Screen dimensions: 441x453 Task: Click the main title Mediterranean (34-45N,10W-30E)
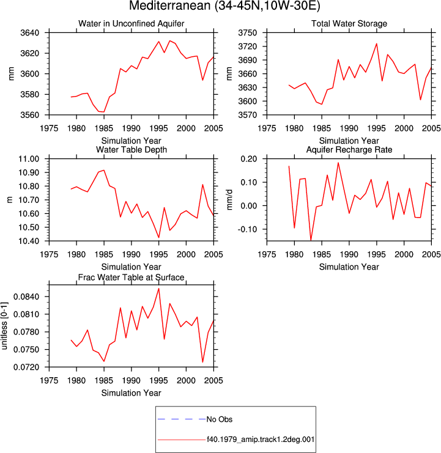pyautogui.click(x=224, y=6)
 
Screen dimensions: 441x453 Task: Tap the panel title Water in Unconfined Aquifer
pyautogui.click(x=132, y=23)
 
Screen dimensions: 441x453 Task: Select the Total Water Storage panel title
pyautogui.click(x=349, y=23)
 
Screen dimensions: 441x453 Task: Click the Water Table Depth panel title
pyautogui.click(x=132, y=150)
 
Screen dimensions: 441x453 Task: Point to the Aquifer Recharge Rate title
pyautogui.click(x=349, y=150)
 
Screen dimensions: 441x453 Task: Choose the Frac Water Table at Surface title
pyautogui.click(x=132, y=278)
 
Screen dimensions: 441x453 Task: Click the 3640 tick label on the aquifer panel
pyautogui.click(x=30, y=32)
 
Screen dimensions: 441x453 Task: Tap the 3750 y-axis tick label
pyautogui.click(x=248, y=32)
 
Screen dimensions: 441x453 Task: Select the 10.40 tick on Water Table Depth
pyautogui.click(x=29, y=241)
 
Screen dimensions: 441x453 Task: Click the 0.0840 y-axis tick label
pyautogui.click(x=26, y=296)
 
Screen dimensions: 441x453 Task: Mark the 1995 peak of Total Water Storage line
pyautogui.click(x=377, y=43)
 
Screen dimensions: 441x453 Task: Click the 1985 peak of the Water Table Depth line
pyautogui.click(x=104, y=170)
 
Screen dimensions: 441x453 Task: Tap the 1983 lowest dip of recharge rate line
pyautogui.click(x=311, y=240)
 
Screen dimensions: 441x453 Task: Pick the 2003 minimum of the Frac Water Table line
pyautogui.click(x=202, y=362)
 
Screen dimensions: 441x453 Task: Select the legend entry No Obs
pyautogui.click(x=220, y=419)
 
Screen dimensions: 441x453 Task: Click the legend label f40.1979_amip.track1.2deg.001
pyautogui.click(x=261, y=440)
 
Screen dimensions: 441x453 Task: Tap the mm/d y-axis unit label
pyautogui.click(x=229, y=200)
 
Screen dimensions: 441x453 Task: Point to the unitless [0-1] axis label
pyautogui.click(x=4, y=326)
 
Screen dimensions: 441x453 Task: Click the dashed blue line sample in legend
pyautogui.click(x=182, y=419)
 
